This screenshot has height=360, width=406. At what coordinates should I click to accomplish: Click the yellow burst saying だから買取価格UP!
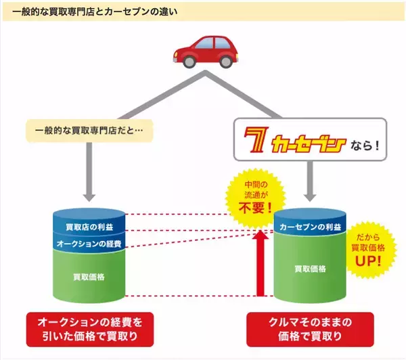point(371,248)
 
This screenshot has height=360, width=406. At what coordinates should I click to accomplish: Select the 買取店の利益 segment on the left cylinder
point(89,225)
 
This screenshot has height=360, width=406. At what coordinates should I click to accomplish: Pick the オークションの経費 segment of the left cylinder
point(89,242)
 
